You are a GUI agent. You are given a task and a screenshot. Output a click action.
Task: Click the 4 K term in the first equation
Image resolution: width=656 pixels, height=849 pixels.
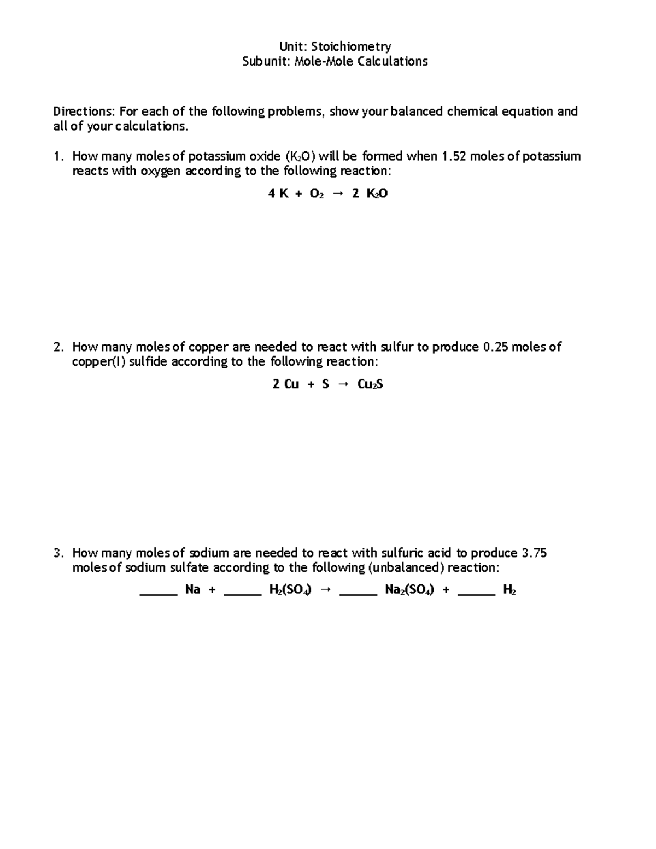point(278,194)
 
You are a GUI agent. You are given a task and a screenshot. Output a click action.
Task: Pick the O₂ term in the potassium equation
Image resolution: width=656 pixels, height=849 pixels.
point(317,194)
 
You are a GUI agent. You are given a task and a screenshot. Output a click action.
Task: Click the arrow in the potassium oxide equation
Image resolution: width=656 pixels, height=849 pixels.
point(338,194)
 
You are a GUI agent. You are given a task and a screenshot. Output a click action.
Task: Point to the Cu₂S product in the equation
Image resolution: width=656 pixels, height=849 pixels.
point(370,384)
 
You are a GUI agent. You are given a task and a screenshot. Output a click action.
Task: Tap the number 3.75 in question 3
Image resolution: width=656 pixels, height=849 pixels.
point(534,553)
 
